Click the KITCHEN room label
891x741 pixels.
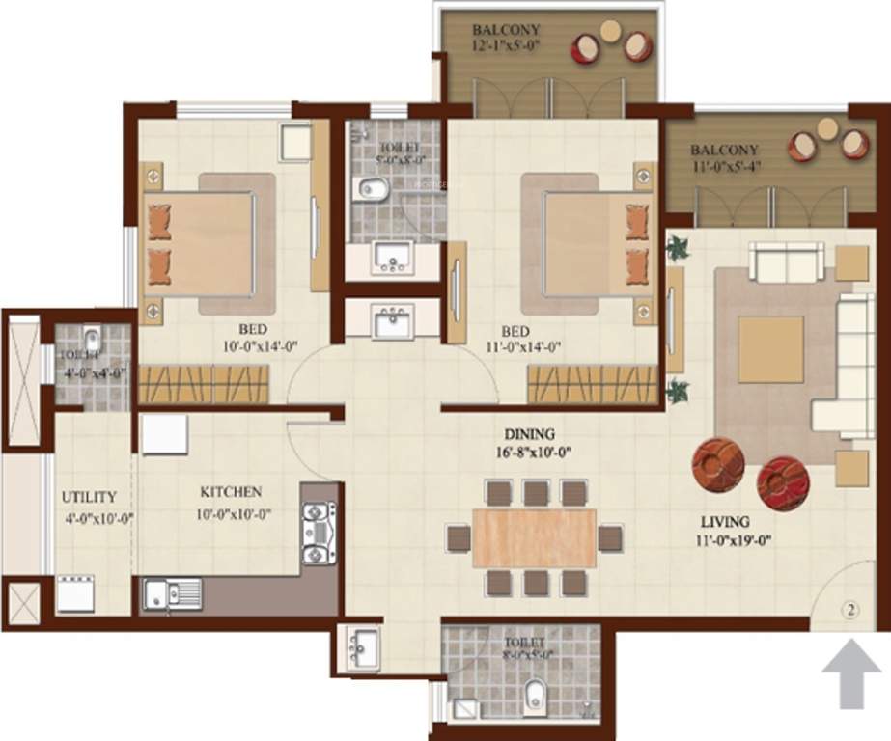coord(230,492)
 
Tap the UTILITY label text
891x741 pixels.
coord(89,497)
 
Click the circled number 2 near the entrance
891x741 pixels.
coord(849,610)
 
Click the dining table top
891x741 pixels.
coord(534,536)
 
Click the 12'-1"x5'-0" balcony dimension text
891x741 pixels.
coord(506,46)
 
